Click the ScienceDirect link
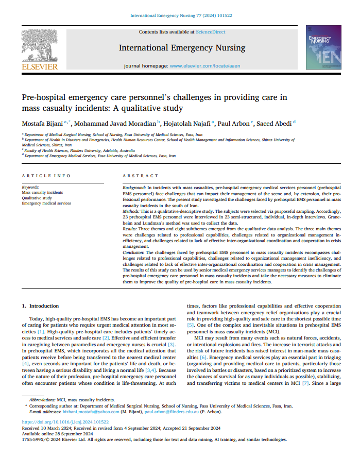click(210, 31)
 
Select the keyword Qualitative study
click(37, 198)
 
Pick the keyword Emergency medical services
click(46, 203)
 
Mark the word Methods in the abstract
click(131, 211)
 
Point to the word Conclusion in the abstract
click(134, 253)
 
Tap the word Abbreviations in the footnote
click(43, 400)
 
